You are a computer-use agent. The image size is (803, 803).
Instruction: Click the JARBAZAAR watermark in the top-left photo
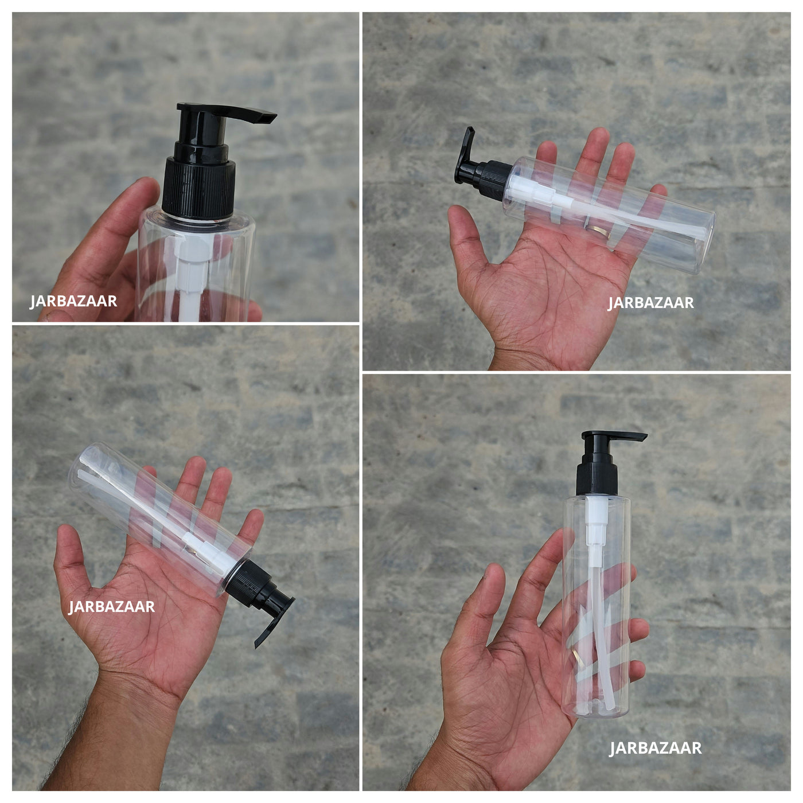(73, 301)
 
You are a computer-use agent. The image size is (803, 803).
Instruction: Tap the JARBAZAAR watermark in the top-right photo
(651, 302)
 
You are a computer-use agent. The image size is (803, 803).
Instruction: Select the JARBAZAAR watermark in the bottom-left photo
(112, 606)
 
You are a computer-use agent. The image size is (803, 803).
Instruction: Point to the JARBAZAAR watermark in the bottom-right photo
(656, 747)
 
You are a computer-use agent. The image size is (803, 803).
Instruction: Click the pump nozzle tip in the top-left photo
(267, 118)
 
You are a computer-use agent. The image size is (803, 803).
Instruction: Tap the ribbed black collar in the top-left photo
(199, 188)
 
